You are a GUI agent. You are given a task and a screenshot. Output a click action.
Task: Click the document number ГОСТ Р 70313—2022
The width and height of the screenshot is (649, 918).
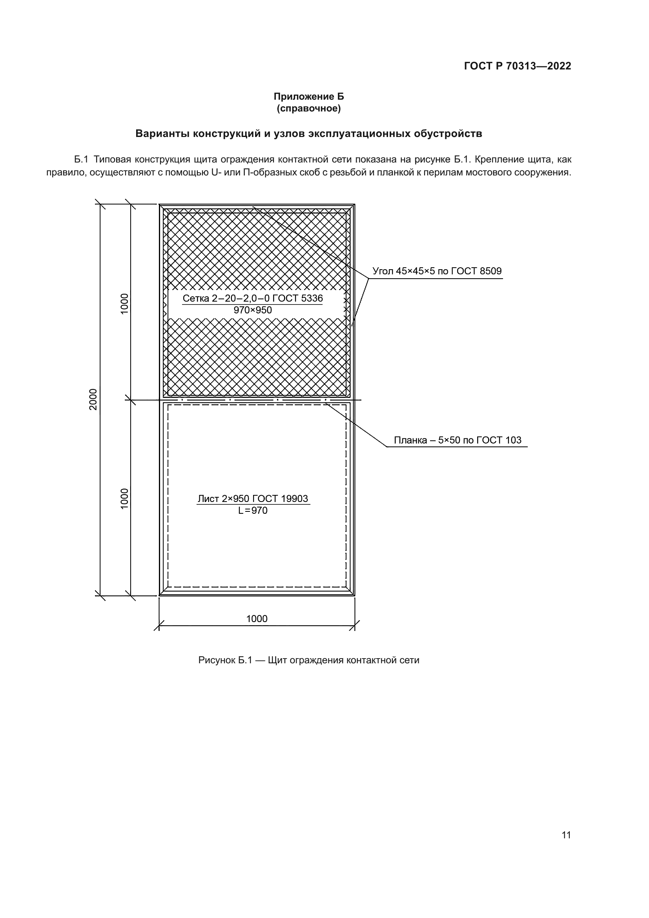(518, 66)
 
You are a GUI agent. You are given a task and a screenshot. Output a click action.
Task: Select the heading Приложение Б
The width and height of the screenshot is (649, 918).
(308, 97)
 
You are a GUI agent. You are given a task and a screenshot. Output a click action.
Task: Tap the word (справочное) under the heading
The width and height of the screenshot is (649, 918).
(308, 108)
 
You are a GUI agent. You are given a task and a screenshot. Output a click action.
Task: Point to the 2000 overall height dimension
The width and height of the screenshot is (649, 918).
(93, 399)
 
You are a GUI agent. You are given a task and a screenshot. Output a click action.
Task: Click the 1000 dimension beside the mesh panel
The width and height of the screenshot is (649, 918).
(125, 303)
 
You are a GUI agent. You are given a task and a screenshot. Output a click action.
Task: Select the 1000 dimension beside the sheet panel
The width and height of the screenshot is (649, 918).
(125, 498)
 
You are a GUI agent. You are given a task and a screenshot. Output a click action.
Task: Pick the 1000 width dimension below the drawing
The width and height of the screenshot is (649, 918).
(257, 619)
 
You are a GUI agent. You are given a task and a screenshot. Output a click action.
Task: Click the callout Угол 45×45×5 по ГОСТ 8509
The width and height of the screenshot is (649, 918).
(437, 271)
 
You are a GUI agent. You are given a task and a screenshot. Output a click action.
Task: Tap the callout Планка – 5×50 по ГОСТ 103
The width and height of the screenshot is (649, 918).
(458, 440)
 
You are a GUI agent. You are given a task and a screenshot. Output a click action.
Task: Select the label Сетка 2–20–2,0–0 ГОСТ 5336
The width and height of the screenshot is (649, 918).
(253, 298)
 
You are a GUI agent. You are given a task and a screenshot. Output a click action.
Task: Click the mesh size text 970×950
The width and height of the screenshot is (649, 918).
(253, 310)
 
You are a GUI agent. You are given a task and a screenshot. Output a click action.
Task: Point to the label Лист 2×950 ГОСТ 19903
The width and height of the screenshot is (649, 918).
(253, 498)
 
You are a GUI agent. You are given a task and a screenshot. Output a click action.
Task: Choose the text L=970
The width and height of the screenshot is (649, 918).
(253, 511)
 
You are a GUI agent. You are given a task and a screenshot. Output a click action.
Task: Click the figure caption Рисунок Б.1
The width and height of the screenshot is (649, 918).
(225, 660)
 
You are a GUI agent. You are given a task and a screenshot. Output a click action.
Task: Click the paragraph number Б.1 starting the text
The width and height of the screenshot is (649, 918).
(81, 159)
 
